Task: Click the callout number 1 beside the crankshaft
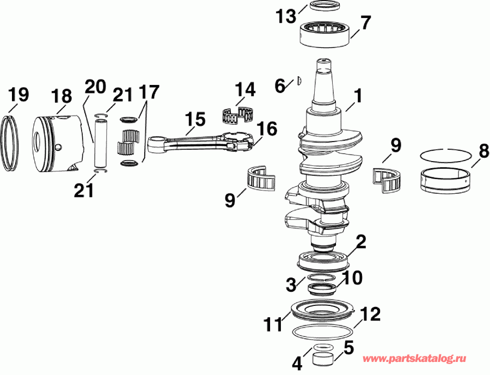(x=357, y=97)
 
